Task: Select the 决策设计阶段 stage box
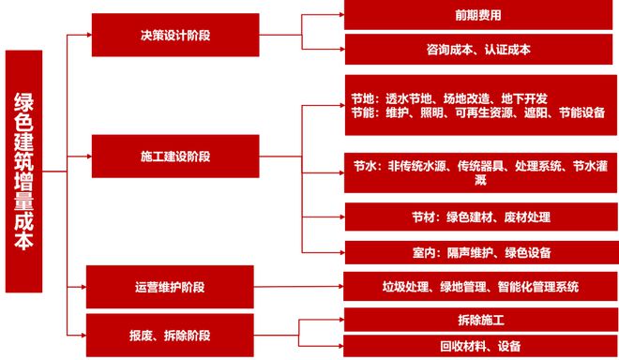tap(174, 35)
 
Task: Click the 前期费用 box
tap(479, 16)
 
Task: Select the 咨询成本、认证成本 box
tap(479, 50)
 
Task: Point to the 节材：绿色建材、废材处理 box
tap(479, 217)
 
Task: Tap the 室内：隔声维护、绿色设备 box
tap(479, 252)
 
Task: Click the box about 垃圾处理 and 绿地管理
tap(479, 286)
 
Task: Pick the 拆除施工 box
tap(479, 320)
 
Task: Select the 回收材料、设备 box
tap(479, 345)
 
